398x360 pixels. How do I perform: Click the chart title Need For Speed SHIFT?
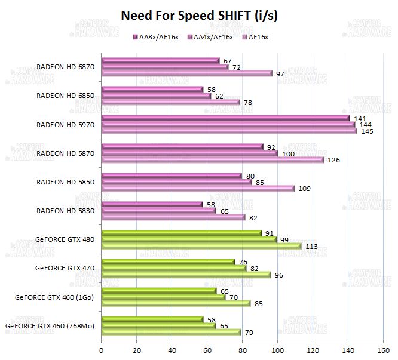pos(199,15)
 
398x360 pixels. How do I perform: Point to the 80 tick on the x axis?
pos(242,350)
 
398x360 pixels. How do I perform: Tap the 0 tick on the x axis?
pos(102,350)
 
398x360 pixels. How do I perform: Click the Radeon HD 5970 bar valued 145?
pos(229,131)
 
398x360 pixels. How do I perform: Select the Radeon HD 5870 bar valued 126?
pos(212,159)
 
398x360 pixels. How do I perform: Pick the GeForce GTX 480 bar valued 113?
pos(201,245)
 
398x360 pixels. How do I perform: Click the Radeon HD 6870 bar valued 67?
pos(160,60)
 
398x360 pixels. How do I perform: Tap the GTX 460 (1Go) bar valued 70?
pos(163,297)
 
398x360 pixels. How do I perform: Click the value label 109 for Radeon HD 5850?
pos(304,189)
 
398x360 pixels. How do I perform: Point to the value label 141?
pos(360,118)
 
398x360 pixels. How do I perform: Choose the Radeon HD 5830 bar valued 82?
pos(173,217)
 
